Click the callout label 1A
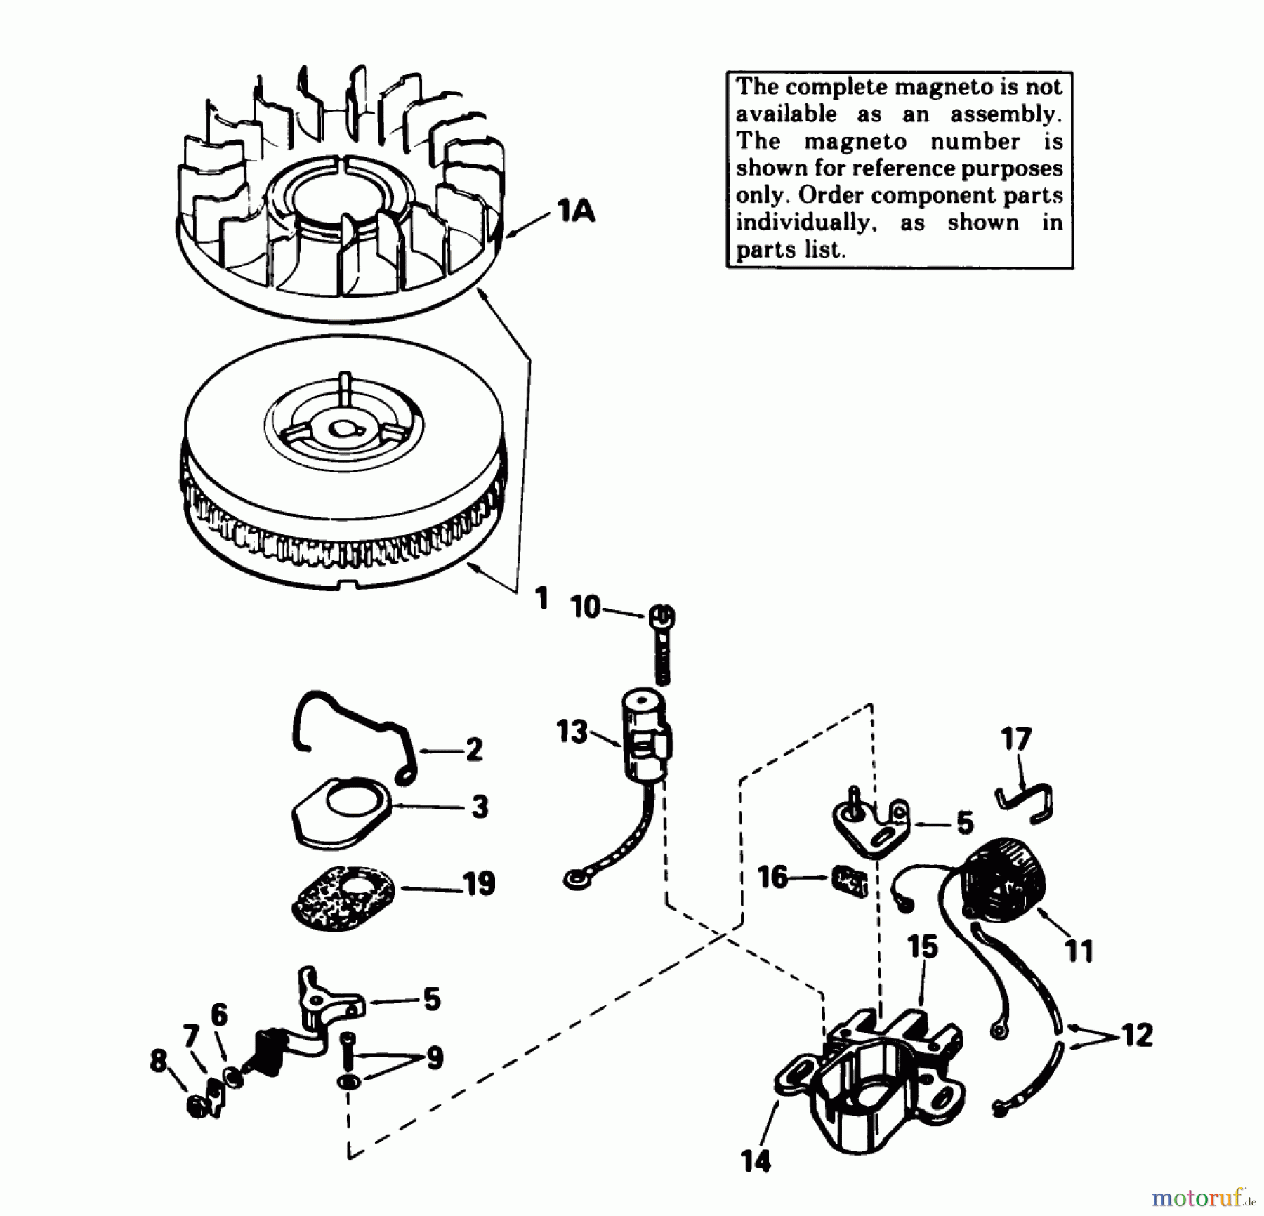point(576,211)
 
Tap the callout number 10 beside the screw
point(585,607)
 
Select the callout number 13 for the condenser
point(571,732)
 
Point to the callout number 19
point(480,884)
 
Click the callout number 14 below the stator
point(755,1162)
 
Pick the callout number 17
point(1016,739)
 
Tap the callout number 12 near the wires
point(1137,1036)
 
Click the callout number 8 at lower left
point(159,1061)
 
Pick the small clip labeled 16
point(850,880)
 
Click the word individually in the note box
point(805,223)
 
